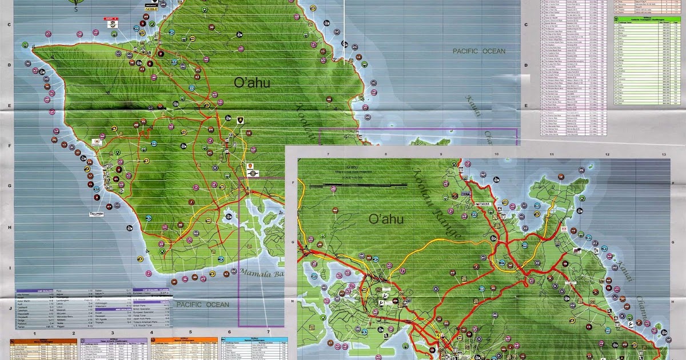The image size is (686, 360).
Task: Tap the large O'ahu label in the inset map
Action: pos(385,219)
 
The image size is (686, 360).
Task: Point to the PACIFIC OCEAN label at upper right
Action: pos(479,51)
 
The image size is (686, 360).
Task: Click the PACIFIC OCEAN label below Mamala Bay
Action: pos(202,305)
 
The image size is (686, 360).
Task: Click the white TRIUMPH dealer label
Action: pos(97,214)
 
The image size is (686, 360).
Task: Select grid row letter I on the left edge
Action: pos(10,267)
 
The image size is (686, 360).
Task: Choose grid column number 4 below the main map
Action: pos(151,333)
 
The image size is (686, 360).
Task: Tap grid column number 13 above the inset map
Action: pos(663,155)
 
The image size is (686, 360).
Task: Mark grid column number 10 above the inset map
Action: pos(496,155)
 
